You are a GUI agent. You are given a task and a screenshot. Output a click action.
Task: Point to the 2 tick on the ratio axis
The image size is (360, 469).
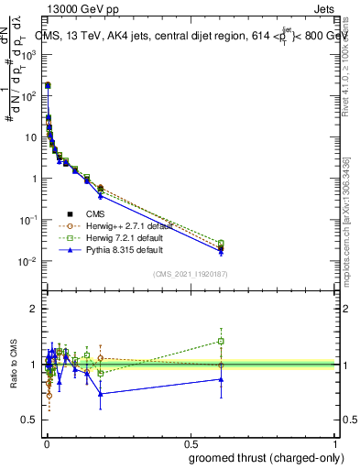[x=33, y=310]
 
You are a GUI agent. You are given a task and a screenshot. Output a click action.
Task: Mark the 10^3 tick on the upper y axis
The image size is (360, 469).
[x=28, y=55]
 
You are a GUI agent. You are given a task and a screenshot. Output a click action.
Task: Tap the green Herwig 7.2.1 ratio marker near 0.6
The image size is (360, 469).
[x=221, y=341]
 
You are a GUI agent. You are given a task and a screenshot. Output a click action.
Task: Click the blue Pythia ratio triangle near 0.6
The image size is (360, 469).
[x=221, y=379]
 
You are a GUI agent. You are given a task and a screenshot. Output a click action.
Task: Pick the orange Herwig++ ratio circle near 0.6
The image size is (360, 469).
[x=221, y=365]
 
